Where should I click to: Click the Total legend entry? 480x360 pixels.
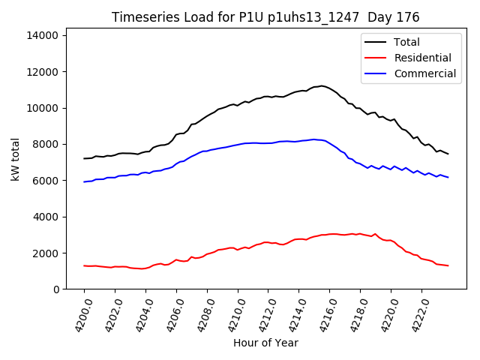[406, 42]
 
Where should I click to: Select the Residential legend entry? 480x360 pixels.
[422, 58]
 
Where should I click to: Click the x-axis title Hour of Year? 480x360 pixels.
[265, 343]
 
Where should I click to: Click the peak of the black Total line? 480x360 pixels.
[322, 85]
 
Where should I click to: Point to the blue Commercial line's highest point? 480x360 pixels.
[314, 139]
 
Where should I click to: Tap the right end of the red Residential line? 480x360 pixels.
[448, 265]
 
